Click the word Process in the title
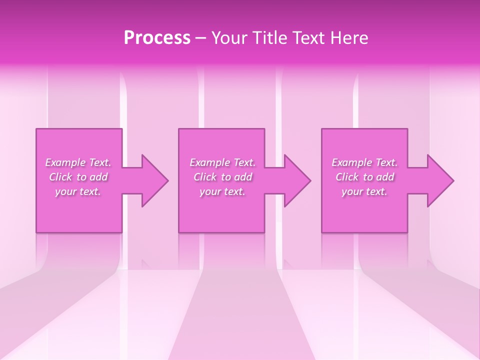[x=157, y=38]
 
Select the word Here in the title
[x=349, y=38]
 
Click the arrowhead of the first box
[x=155, y=180]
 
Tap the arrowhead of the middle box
[x=297, y=180]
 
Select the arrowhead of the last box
[x=440, y=180]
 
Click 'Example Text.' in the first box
[x=78, y=162]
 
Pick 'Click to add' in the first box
[x=78, y=177]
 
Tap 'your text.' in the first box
[x=78, y=191]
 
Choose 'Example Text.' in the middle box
[x=222, y=162]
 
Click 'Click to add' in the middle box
[x=222, y=177]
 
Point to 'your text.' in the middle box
[x=222, y=191]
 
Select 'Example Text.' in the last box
[x=364, y=162]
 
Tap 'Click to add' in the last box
[x=364, y=177]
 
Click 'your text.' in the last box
[x=364, y=191]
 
